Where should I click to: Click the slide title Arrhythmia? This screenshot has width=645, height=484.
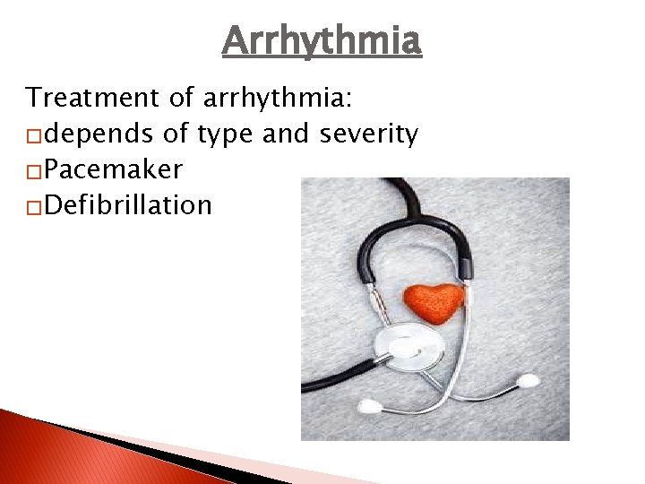[x=322, y=40]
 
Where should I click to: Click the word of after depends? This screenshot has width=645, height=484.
[x=176, y=134]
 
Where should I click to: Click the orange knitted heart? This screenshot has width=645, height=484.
[x=434, y=301]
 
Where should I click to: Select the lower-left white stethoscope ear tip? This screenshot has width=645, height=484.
[x=368, y=406]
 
